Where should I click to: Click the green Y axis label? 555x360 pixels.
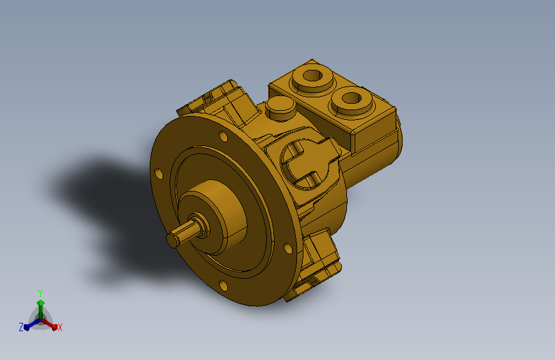40,293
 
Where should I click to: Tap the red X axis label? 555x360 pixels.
60,327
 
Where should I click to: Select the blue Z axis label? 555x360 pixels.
21,327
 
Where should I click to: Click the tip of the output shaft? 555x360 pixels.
172,240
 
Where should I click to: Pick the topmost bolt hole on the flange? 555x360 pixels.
223,136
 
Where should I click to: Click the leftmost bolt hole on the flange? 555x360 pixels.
159,174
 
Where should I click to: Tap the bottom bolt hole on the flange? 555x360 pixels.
223,285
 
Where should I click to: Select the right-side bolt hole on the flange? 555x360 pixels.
288,249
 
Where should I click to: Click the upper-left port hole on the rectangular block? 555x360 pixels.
312,76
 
